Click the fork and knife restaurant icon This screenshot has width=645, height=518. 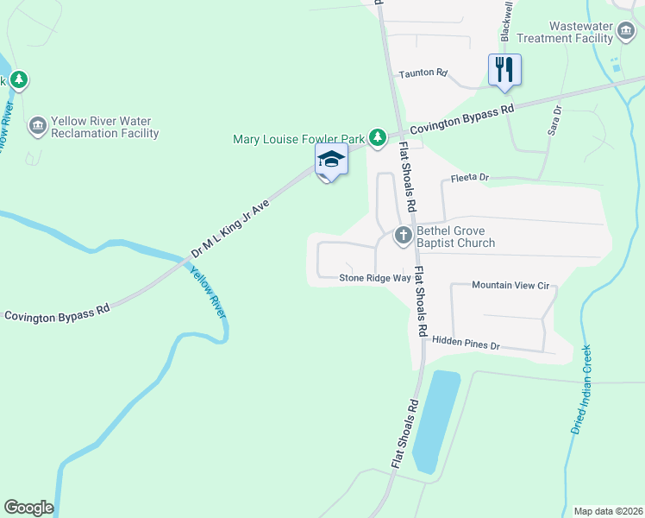click(x=504, y=69)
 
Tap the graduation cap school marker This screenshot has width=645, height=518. click(x=330, y=159)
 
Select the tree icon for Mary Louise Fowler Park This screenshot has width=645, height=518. click(x=377, y=137)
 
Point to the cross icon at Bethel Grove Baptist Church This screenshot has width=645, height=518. click(x=403, y=235)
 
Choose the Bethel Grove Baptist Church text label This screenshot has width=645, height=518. click(x=456, y=237)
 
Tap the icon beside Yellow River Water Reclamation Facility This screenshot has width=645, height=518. click(x=37, y=126)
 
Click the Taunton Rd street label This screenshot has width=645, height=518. click(x=423, y=74)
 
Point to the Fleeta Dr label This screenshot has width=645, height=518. click(x=470, y=178)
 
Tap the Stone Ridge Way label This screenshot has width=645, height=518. click(x=375, y=278)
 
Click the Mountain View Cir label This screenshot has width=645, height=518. click(x=510, y=285)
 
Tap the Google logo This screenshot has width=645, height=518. click(x=28, y=508)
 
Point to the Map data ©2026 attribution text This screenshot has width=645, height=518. click(x=607, y=511)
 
